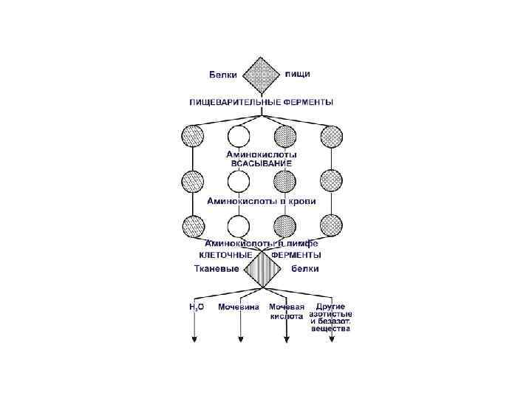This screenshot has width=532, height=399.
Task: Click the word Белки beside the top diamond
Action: tap(222, 75)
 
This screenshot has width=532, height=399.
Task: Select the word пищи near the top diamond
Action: tap(298, 74)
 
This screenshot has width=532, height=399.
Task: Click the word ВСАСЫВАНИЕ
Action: tap(262, 163)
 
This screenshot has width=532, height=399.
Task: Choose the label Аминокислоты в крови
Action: tap(262, 200)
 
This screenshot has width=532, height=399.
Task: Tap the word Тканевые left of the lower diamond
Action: tap(216, 268)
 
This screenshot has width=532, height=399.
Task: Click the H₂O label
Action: tap(197, 307)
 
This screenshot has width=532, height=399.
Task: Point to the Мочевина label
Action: tap(238, 307)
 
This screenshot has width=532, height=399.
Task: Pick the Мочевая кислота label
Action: tap(286, 310)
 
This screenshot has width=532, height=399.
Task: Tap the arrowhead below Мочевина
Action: tap(240, 339)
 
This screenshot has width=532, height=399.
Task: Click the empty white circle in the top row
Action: tap(239, 136)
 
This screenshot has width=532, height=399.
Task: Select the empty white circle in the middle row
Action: tap(239, 180)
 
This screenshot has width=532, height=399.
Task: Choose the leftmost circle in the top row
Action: tap(193, 136)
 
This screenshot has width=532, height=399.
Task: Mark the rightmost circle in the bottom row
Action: tap(330, 225)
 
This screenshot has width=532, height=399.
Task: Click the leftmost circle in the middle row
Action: tap(193, 180)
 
